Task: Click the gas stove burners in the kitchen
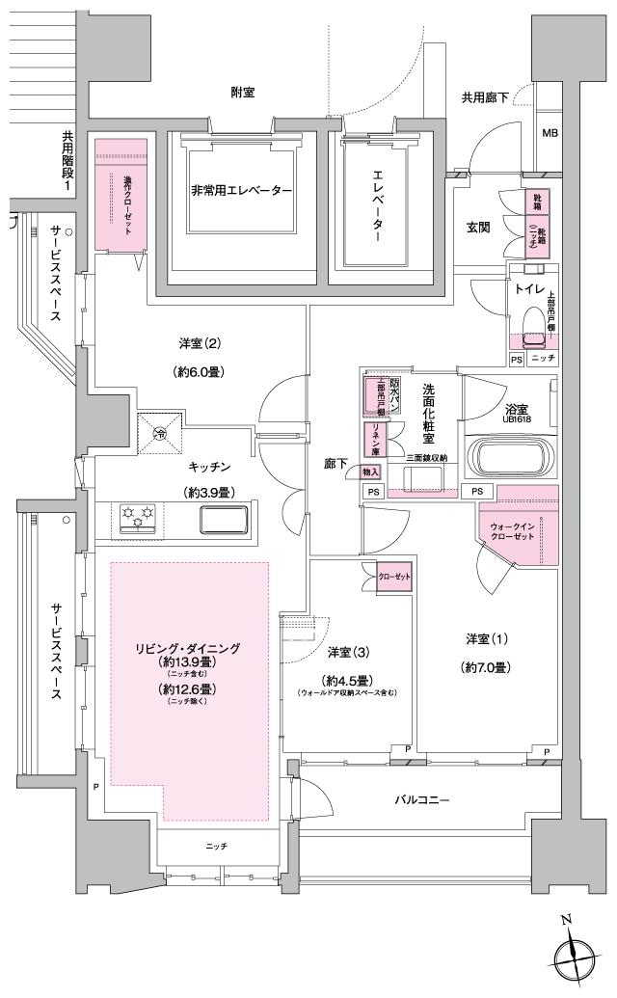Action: coord(138,518)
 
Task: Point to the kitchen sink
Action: coord(223,520)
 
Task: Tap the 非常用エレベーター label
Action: coord(241,191)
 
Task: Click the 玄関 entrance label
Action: coord(479,228)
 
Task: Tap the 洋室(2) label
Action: coord(201,343)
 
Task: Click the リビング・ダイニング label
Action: coord(188,648)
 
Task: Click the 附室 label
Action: coord(243,93)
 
